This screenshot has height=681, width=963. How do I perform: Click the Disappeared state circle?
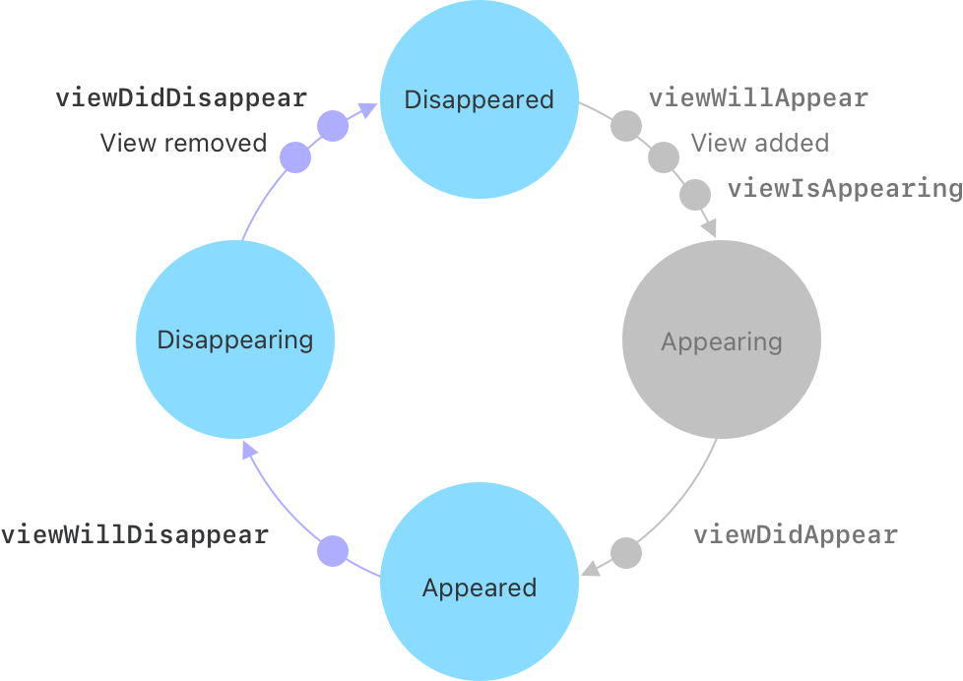click(x=480, y=99)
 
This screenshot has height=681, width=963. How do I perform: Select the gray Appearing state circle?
click(x=722, y=341)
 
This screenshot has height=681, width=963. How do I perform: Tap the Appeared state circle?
click(x=480, y=588)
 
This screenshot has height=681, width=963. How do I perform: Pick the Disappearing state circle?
click(x=235, y=340)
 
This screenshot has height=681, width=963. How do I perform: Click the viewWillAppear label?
click(x=758, y=98)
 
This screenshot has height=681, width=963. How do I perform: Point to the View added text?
click(x=759, y=143)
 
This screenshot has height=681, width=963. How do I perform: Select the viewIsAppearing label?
click(x=844, y=188)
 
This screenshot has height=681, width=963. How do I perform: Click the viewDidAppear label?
click(x=796, y=535)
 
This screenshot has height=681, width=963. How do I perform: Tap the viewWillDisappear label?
click(x=135, y=535)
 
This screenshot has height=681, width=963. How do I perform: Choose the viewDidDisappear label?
click(x=181, y=98)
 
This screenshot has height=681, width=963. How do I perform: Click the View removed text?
click(x=183, y=143)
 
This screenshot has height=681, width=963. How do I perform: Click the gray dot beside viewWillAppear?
click(x=626, y=127)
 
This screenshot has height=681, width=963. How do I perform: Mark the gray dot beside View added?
click(x=664, y=156)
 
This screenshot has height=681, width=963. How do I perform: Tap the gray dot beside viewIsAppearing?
click(x=695, y=193)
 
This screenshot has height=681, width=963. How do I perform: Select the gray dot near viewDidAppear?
click(x=626, y=552)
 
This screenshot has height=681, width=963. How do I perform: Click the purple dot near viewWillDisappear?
click(x=333, y=551)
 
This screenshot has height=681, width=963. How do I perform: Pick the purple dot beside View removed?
click(x=295, y=157)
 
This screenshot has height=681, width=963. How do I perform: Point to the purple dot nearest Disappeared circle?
click(x=333, y=127)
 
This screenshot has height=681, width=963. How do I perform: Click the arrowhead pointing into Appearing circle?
click(x=708, y=227)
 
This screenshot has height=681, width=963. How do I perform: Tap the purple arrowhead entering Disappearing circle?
click(x=250, y=452)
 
